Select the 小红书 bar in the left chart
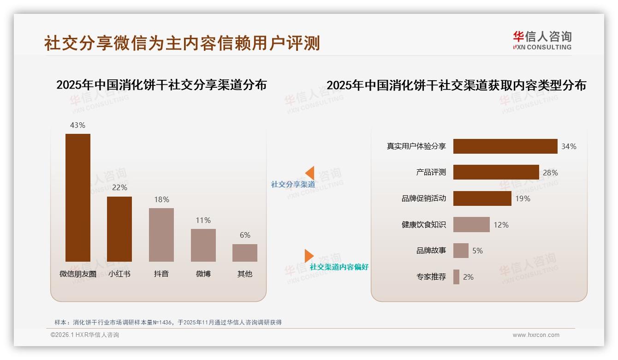119,229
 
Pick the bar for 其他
245,253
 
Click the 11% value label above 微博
203,220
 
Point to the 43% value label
77,125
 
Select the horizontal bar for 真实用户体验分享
505,146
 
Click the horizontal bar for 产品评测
496,172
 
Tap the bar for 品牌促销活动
482,198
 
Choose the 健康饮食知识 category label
424,225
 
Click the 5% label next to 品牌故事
477,251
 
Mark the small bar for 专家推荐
456,277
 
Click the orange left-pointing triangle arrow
309,173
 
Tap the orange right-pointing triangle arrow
309,256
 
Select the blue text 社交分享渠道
293,184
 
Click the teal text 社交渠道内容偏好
339,267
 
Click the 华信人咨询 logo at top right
542,40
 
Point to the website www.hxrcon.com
536,335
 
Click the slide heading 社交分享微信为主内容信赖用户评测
182,43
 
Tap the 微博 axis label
203,274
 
